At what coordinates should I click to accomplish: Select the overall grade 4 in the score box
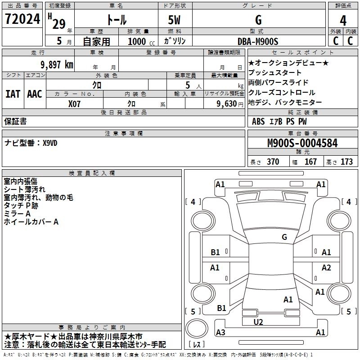[343, 20]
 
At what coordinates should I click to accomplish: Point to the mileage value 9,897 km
[57, 65]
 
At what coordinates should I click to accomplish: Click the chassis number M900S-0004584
[302, 144]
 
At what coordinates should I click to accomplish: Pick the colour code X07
[75, 103]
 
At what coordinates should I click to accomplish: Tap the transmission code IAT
[13, 94]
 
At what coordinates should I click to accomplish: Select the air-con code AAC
[35, 94]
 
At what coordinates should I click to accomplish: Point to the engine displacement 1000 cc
[137, 41]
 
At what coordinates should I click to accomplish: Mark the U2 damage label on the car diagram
[258, 322]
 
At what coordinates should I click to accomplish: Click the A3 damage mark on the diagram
[220, 333]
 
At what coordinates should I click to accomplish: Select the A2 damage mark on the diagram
[326, 268]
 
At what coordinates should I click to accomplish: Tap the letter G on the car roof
[284, 237]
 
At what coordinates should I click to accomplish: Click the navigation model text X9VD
[50, 143]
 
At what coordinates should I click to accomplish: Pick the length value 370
[273, 162]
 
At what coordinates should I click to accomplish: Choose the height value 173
[346, 162]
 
